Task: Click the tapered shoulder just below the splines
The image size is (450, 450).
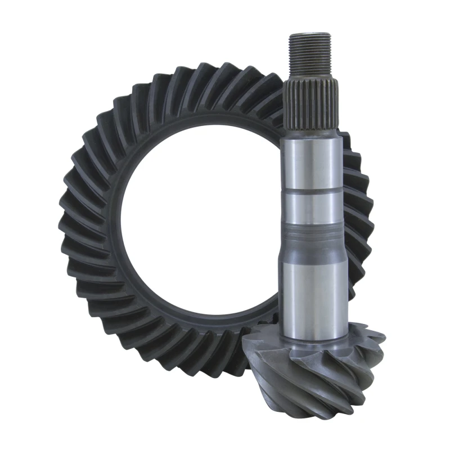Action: pos(311,134)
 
